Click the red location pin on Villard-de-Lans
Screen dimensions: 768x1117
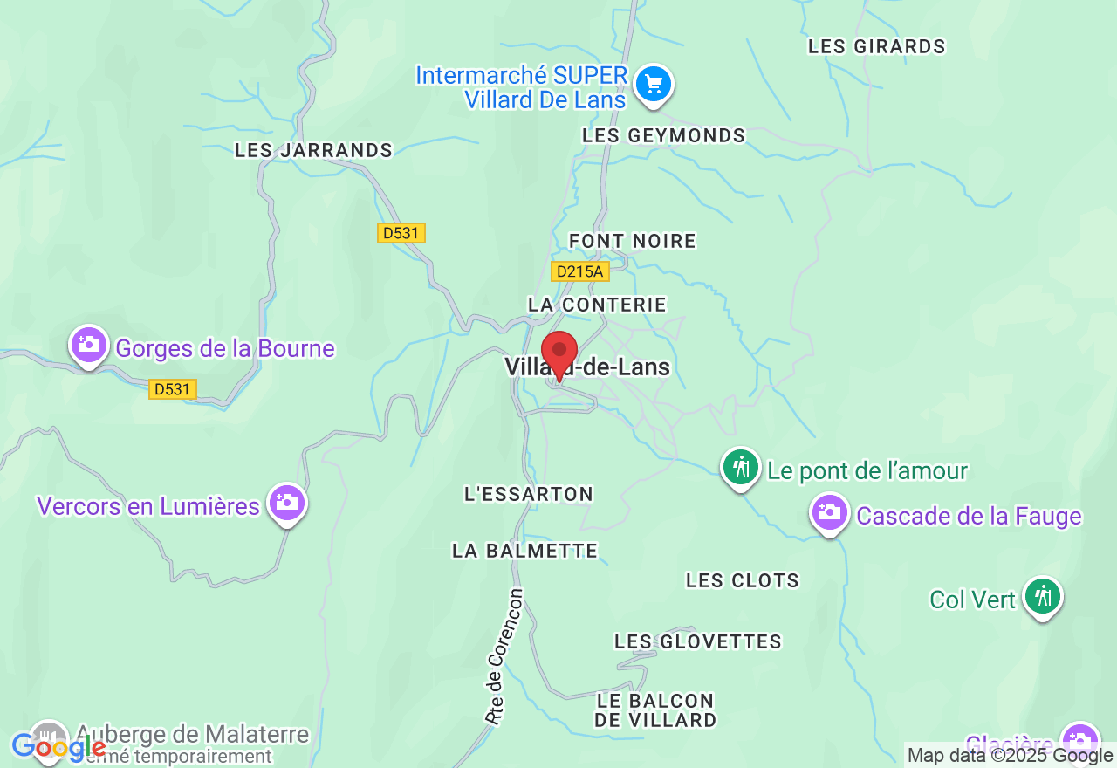click(x=559, y=352)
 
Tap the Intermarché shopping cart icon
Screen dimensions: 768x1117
click(x=654, y=85)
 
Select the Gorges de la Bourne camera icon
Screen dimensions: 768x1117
click(x=89, y=344)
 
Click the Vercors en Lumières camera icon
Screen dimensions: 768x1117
click(x=286, y=503)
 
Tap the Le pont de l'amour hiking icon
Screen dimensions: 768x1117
click(x=742, y=467)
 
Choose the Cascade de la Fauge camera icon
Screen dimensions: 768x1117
click(x=830, y=512)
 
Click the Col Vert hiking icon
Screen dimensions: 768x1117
click(x=1042, y=597)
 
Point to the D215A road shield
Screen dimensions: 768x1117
click(x=579, y=271)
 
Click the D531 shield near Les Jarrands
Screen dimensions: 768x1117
click(x=401, y=233)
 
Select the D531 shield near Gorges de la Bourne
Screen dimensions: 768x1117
click(x=172, y=389)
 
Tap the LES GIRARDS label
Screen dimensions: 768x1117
click(x=876, y=47)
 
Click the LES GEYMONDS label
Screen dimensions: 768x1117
click(x=663, y=135)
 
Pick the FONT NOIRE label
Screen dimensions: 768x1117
click(x=633, y=241)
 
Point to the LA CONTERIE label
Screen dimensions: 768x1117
click(x=597, y=305)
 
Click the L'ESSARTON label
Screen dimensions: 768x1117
click(x=529, y=494)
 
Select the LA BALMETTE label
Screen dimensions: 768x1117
click(x=524, y=551)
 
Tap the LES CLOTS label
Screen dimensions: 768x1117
click(x=742, y=580)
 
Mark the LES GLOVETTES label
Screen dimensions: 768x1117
click(x=697, y=641)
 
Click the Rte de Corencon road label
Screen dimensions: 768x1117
click(x=505, y=657)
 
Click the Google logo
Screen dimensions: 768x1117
click(x=58, y=747)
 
